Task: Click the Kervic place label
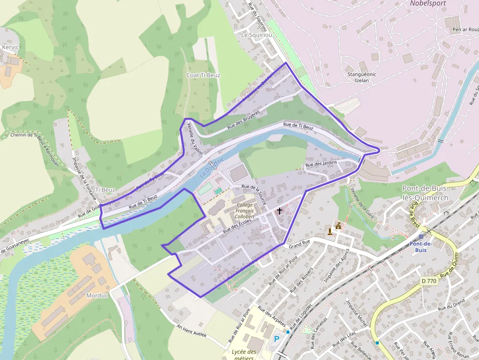(x=10, y=47)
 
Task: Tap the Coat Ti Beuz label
(x=203, y=75)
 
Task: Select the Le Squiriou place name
(x=256, y=35)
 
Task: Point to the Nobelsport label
(x=428, y=3)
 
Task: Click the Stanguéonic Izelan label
(x=362, y=77)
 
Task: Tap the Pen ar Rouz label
(x=465, y=29)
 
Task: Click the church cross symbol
(x=280, y=211)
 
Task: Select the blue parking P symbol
(x=277, y=339)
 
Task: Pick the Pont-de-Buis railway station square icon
(x=421, y=236)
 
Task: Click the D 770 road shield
(x=428, y=281)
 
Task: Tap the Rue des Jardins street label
(x=322, y=164)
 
